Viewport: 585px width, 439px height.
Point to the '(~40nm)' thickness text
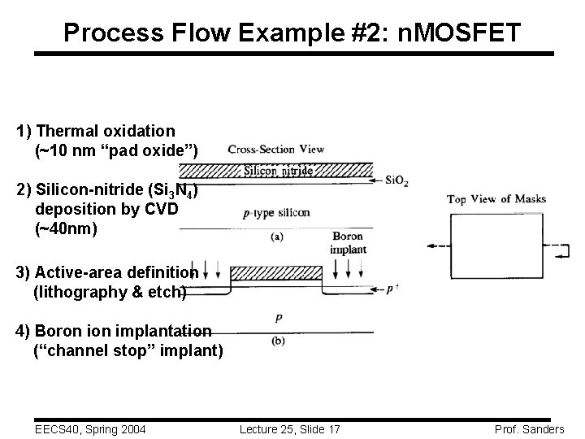click(66, 229)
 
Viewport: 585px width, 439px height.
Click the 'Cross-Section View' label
click(276, 149)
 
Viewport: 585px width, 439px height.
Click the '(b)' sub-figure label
click(278, 341)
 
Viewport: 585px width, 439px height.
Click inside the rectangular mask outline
click(495, 244)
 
